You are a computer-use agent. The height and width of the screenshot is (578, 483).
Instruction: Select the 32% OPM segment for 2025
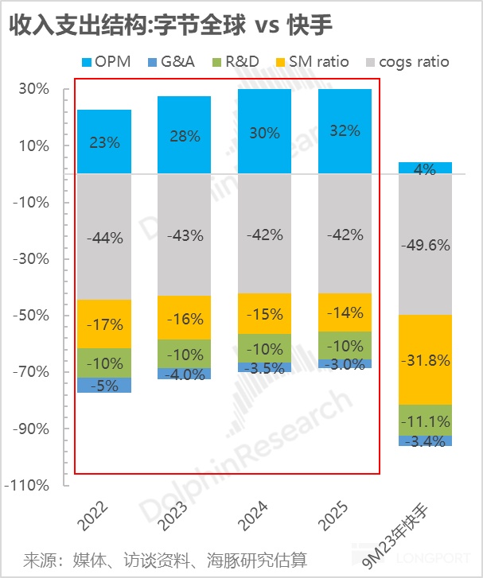coord(345,131)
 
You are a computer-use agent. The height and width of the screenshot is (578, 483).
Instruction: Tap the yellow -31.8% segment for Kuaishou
coord(425,359)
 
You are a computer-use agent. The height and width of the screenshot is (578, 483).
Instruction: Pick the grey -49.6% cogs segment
coord(425,244)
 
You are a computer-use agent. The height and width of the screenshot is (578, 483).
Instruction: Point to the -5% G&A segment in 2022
coord(104,385)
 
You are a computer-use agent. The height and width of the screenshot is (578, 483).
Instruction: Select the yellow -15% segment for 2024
coord(265,314)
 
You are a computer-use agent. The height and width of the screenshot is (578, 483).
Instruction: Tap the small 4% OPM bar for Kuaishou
coord(425,168)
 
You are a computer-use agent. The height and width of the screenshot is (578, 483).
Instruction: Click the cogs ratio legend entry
coord(406,61)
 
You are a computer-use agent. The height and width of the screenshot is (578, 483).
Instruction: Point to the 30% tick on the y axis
coord(34,90)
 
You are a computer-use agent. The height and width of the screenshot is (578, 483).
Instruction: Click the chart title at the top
coord(170,24)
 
